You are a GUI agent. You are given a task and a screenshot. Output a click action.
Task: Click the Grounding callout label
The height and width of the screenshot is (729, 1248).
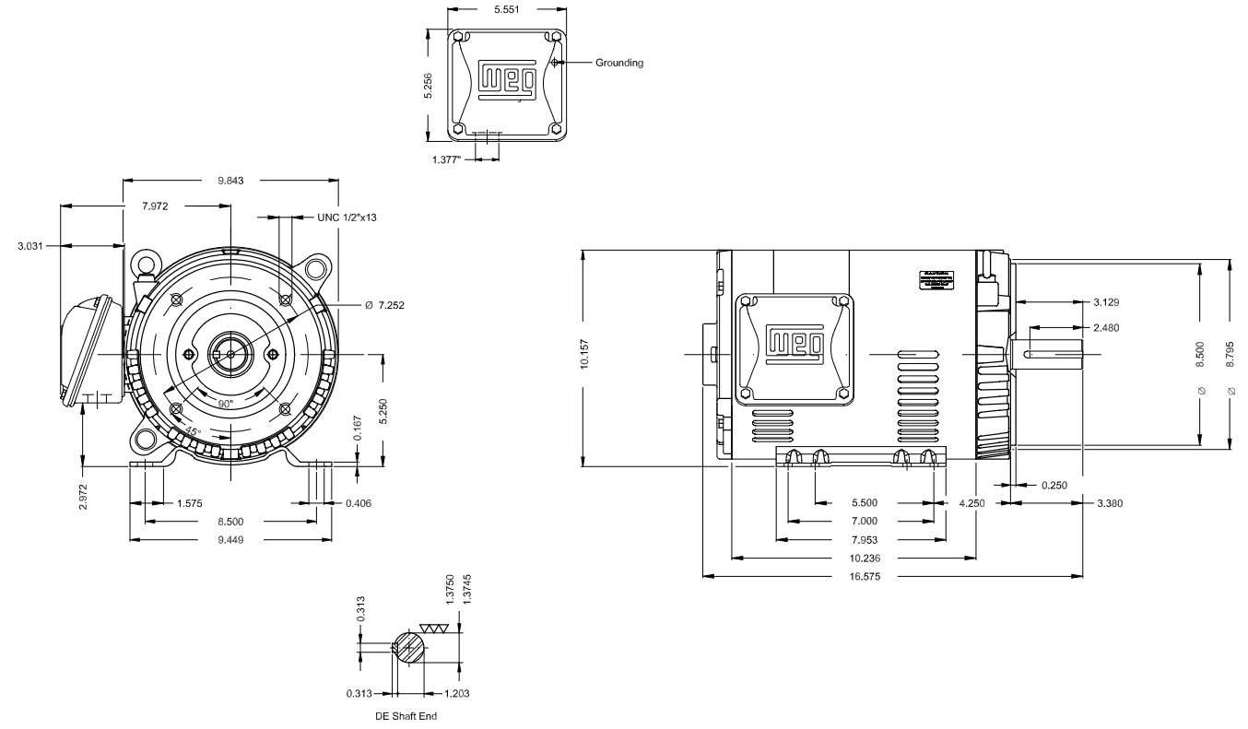pyautogui.click(x=619, y=64)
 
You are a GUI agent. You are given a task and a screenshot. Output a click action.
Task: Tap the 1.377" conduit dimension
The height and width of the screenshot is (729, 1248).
pyautogui.click(x=448, y=160)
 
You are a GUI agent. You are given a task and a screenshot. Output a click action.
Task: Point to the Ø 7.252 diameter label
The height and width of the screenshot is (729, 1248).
pyautogui.click(x=370, y=304)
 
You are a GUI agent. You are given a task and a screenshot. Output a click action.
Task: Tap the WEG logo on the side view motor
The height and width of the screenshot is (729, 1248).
pyautogui.click(x=792, y=344)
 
